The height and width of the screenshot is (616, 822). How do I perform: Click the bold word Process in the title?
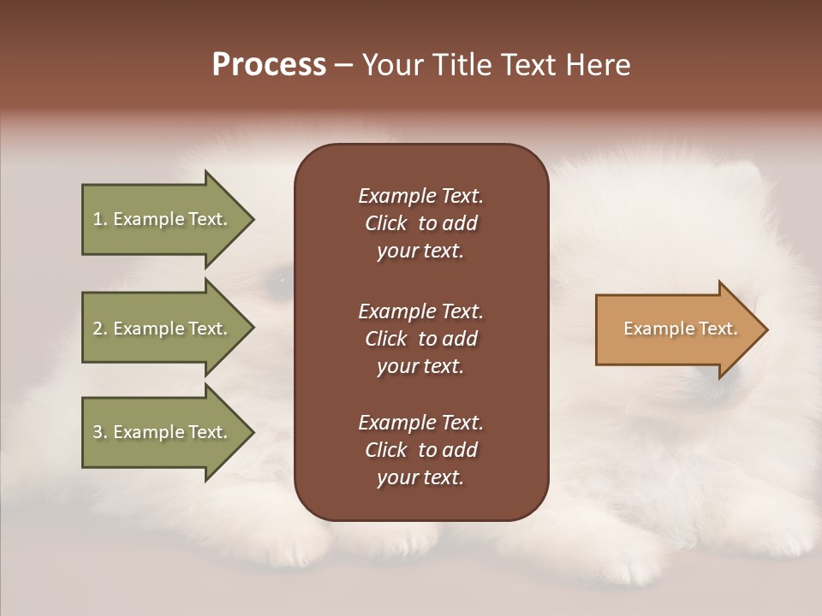click(269, 65)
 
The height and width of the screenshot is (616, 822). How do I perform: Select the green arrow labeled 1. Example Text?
click(163, 219)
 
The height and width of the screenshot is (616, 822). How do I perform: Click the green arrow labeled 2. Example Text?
click(163, 329)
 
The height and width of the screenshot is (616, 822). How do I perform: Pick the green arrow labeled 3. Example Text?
click(163, 432)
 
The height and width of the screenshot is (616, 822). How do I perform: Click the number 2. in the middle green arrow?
click(100, 329)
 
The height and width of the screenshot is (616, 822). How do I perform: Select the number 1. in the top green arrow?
click(100, 219)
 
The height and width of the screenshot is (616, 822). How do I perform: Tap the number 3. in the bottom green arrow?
click(100, 432)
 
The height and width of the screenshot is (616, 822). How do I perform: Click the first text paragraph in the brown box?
click(420, 223)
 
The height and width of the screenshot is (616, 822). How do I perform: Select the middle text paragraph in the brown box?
click(420, 338)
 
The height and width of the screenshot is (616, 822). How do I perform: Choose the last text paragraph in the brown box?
click(420, 450)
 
